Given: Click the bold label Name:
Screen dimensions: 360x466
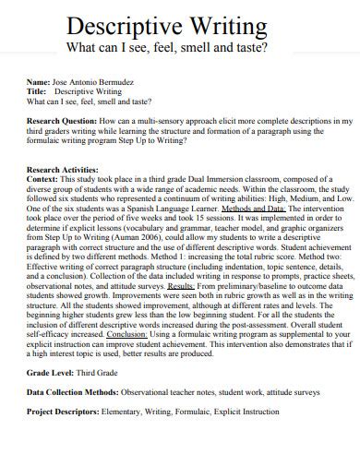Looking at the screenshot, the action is click(x=42, y=83).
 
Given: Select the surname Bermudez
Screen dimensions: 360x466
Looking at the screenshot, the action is click(x=126, y=83).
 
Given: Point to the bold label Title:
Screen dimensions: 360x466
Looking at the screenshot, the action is click(x=41, y=92).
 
